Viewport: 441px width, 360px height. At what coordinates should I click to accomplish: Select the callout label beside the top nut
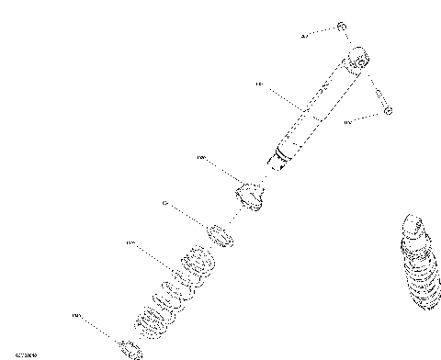[305, 37]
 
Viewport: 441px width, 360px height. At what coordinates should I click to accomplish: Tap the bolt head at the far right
[388, 110]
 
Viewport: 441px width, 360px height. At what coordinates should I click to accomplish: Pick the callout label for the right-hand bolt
[348, 121]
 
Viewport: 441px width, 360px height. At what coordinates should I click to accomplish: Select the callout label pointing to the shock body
[259, 84]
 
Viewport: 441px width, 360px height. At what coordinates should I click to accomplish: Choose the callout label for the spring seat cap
[201, 158]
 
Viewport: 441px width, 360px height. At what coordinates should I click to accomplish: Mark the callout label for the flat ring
[164, 203]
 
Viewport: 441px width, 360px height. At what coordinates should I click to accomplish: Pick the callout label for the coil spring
[130, 243]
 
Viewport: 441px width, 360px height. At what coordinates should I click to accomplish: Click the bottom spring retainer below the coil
[129, 347]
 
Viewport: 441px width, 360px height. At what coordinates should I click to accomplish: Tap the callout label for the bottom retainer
[76, 316]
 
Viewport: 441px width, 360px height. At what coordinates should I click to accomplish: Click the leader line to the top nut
[322, 33]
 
